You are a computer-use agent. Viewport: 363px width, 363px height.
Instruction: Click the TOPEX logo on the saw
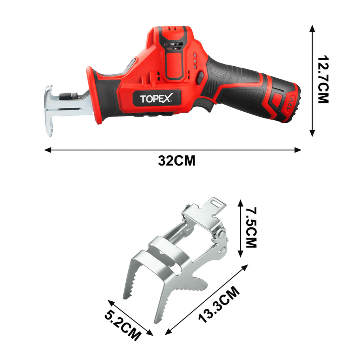click(x=156, y=99)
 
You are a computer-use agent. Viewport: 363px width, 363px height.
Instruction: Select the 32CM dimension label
click(x=177, y=161)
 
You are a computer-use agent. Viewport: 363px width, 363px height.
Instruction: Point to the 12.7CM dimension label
click(x=323, y=79)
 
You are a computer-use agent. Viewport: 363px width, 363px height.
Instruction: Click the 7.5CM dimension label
click(x=251, y=228)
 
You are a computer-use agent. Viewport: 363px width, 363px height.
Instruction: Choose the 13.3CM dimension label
click(x=219, y=304)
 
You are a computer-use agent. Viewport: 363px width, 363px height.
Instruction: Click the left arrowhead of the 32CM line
click(x=48, y=150)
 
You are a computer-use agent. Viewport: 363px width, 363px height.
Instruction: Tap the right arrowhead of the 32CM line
click(x=298, y=150)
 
